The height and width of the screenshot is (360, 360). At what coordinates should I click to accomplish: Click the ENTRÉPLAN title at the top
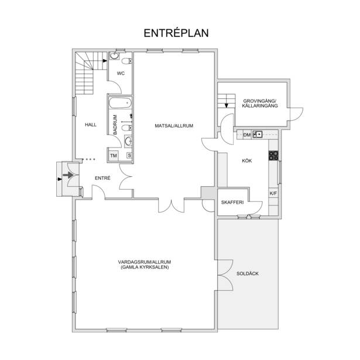[x=176, y=33]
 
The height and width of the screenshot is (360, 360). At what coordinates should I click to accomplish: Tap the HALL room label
[x=91, y=125]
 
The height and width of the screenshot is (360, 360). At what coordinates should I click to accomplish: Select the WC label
[x=121, y=73]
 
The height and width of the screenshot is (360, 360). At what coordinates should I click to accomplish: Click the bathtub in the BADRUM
[x=120, y=103]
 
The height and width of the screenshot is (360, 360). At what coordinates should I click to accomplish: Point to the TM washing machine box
[x=114, y=156]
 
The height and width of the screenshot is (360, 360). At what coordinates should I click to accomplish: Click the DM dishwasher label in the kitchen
[x=247, y=135]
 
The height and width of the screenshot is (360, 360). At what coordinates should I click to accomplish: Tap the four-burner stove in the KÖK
[x=273, y=156]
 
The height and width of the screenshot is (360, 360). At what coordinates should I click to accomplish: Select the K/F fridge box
[x=273, y=193]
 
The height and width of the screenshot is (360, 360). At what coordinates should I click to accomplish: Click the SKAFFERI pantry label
[x=232, y=203]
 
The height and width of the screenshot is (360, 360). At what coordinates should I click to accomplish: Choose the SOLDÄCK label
[x=248, y=273]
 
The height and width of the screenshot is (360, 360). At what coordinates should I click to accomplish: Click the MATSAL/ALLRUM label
[x=174, y=126]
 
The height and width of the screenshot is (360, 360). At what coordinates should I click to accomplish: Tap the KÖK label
[x=247, y=161]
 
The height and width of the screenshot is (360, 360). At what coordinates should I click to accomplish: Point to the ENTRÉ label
[x=102, y=178]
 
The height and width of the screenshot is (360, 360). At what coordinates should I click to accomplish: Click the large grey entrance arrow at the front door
[x=68, y=175]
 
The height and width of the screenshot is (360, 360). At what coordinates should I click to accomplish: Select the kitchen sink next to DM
[x=258, y=134]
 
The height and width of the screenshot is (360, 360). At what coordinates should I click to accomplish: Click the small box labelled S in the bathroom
[x=129, y=156]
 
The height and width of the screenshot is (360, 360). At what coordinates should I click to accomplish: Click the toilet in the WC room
[x=126, y=61]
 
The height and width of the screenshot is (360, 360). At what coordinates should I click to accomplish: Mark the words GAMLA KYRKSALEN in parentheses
[x=145, y=268]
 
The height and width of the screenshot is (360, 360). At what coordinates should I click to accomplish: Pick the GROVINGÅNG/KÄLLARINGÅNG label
[x=260, y=103]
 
